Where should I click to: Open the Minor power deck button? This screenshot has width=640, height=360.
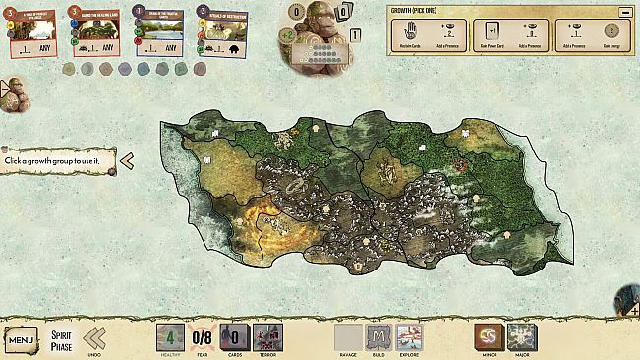489,337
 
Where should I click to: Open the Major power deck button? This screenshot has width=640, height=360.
521,337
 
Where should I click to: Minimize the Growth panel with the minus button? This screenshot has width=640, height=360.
624,12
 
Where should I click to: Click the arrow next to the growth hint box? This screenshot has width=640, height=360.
127,158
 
